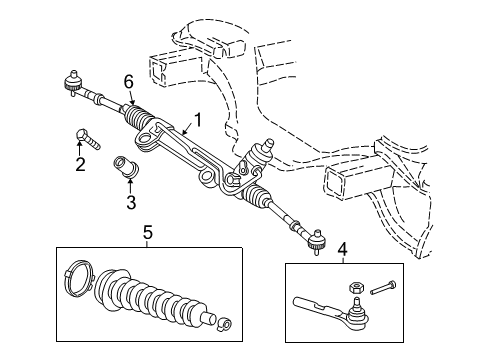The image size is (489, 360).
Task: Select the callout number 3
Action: pos(130,205)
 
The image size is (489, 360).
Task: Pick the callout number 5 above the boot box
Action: pos(147,235)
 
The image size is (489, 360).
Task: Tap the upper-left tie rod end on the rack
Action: pos(72,82)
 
